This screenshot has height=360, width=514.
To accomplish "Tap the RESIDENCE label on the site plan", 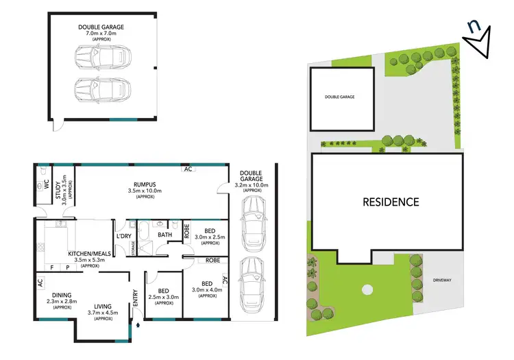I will (391, 202).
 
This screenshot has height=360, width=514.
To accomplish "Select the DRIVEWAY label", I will (444, 280).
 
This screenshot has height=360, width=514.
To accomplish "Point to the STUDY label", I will (58, 197).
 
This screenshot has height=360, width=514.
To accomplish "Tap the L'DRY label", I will (124, 236).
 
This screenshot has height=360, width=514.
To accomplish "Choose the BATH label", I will (165, 235).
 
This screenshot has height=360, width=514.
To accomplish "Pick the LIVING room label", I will (103, 307).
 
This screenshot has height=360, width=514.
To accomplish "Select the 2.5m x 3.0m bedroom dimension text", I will (164, 297).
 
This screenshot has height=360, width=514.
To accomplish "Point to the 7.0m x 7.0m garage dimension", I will (101, 33).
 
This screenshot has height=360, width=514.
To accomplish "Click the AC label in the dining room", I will (40, 282).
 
